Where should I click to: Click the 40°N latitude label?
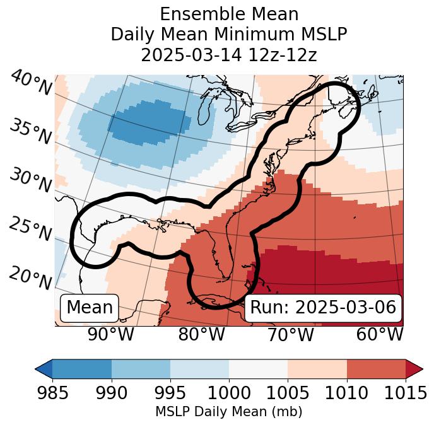(x=30, y=84)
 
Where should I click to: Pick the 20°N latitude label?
(x=30, y=277)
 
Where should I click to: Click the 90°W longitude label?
(x=111, y=335)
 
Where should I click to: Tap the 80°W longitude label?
(x=201, y=335)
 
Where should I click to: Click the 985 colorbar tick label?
(x=52, y=393)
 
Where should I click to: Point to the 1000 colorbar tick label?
(x=228, y=393)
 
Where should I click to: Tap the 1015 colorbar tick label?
(x=405, y=393)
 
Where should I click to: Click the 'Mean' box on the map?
(x=90, y=308)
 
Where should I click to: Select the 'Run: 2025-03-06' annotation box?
(x=323, y=308)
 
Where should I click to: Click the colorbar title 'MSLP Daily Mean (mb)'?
(x=228, y=412)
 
